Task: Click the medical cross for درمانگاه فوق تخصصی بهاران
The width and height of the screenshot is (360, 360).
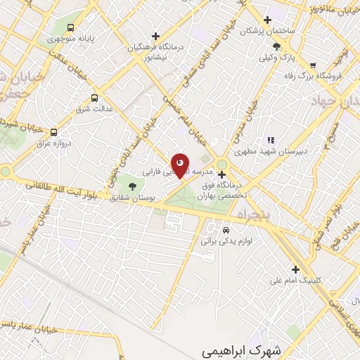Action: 221,174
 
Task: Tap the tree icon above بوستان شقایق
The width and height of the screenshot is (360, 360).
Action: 133,186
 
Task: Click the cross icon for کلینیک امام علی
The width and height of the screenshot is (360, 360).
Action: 295,269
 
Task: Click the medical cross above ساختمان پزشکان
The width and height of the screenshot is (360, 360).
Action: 266,20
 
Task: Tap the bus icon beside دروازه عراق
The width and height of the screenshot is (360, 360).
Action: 54,131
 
